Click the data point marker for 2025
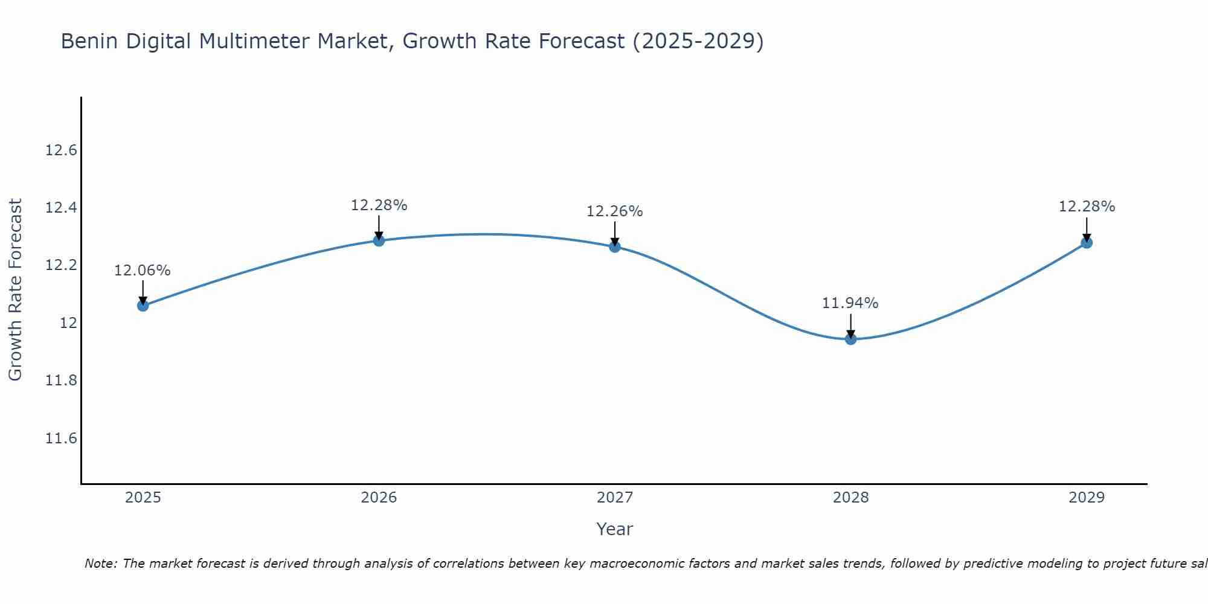coord(143,306)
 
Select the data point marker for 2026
coord(379,240)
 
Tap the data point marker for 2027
coord(615,246)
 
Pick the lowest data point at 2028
coord(850,339)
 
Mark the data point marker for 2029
coord(1087,243)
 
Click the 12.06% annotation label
coord(143,271)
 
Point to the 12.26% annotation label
coord(615,211)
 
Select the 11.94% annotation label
coord(850,303)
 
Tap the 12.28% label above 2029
coord(1087,207)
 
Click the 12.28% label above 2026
coord(379,205)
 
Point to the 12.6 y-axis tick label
coord(61,150)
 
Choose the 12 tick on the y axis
coord(69,323)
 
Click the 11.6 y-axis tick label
coord(61,439)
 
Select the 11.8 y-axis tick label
coord(61,381)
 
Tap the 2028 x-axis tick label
coord(850,498)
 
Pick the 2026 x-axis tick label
coord(379,498)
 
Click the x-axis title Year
coord(615,529)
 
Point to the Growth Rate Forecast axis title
coord(15,290)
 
